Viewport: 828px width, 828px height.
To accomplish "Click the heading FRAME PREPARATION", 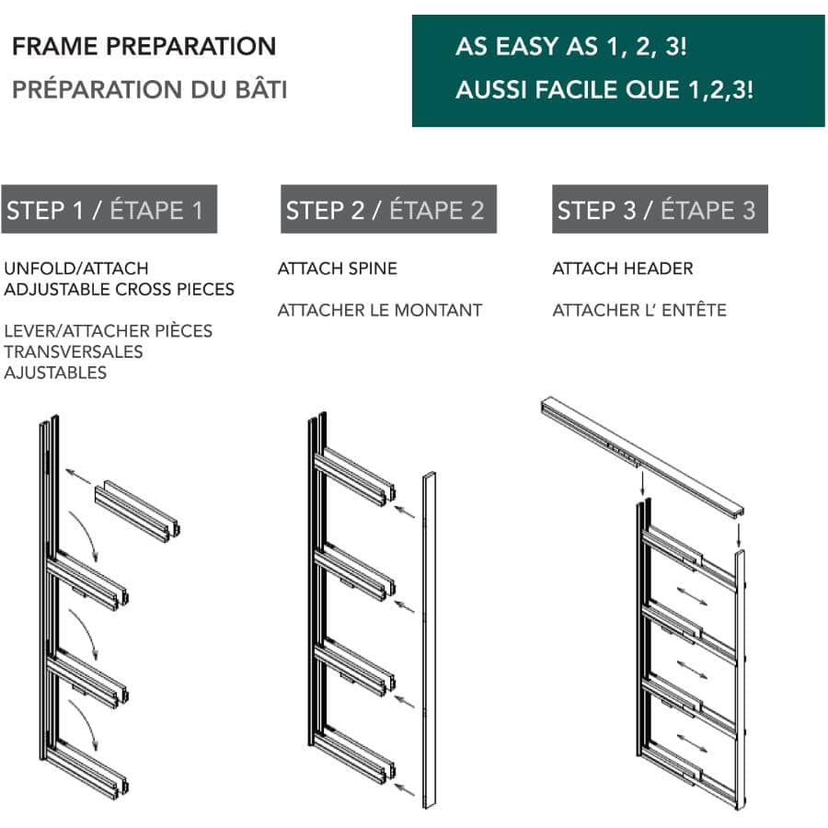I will pyautogui.click(x=144, y=46).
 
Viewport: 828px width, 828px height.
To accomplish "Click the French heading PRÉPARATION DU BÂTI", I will pyautogui.click(x=149, y=89).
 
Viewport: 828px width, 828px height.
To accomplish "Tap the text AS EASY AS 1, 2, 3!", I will pyautogui.click(x=570, y=47).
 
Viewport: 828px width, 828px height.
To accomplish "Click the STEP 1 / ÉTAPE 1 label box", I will pyautogui.click(x=109, y=210).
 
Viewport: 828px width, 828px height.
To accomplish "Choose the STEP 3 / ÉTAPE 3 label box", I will pyautogui.click(x=659, y=210).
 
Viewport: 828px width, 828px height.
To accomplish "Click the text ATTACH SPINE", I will pyautogui.click(x=338, y=269).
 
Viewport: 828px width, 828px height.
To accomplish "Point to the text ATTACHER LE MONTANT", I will pyautogui.click(x=380, y=310).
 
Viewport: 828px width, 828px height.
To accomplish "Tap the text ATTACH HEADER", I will pyautogui.click(x=623, y=269).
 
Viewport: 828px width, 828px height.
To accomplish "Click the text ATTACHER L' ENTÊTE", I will pyautogui.click(x=639, y=310).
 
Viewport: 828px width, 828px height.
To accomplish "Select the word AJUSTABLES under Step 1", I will pyautogui.click(x=55, y=373).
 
